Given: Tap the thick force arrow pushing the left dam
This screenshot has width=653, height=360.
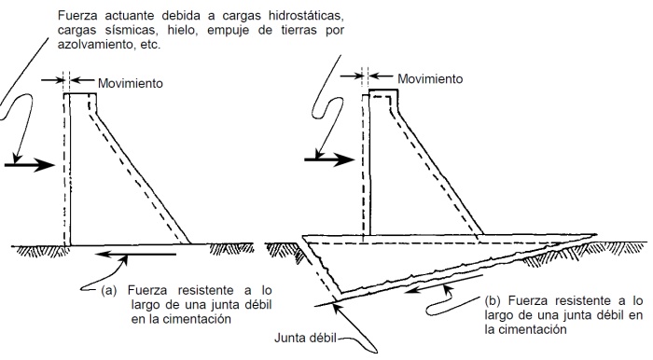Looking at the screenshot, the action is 23,162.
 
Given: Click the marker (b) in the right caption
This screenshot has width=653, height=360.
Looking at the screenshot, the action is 493,301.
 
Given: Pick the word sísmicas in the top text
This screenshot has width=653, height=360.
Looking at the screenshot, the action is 130,31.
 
